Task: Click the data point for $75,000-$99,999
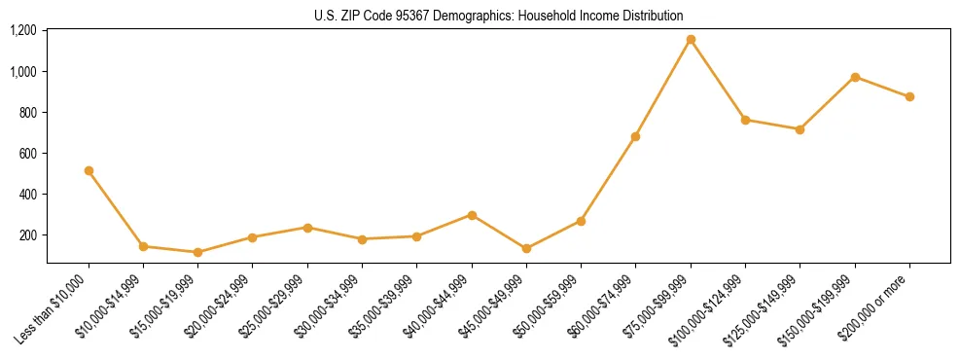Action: pyautogui.click(x=691, y=40)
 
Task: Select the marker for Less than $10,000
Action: pyautogui.click(x=89, y=170)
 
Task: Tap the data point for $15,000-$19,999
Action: pyautogui.click(x=197, y=252)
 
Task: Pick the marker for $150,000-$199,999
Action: pyautogui.click(x=855, y=77)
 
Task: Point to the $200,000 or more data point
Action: pyautogui.click(x=909, y=96)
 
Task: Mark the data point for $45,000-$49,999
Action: pyautogui.click(x=526, y=248)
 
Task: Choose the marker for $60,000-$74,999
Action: pyautogui.click(x=635, y=136)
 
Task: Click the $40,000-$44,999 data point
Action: pyautogui.click(x=472, y=215)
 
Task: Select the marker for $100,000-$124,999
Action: pyautogui.click(x=745, y=120)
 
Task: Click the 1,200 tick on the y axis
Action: pyautogui.click(x=23, y=30)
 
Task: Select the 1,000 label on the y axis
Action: pyautogui.click(x=23, y=71)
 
